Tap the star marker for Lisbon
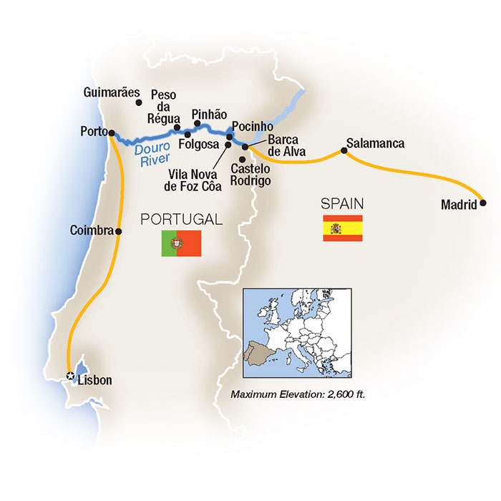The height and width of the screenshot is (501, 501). click(x=69, y=376)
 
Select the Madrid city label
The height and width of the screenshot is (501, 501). click(x=459, y=205)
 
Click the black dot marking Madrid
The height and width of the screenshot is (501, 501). click(x=483, y=203)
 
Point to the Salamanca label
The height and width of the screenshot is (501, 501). click(x=374, y=143)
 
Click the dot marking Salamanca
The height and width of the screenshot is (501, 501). click(x=344, y=152)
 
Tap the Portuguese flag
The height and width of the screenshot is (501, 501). click(x=181, y=243)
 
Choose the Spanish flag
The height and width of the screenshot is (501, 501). click(x=342, y=228)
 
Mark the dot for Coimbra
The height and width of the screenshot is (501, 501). click(x=119, y=231)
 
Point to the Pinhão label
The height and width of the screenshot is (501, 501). click(x=209, y=115)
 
